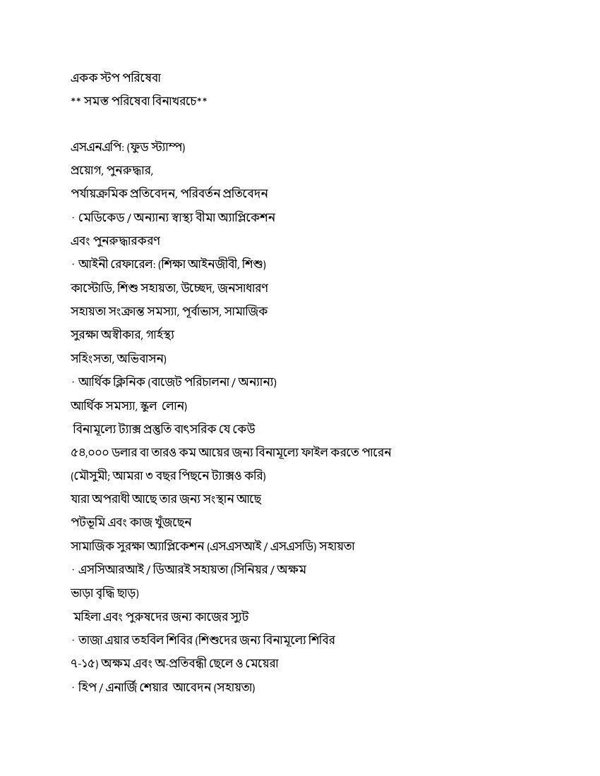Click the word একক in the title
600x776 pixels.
point(83,77)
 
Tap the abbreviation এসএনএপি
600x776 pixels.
point(92,147)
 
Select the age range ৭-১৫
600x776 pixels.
point(83,664)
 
